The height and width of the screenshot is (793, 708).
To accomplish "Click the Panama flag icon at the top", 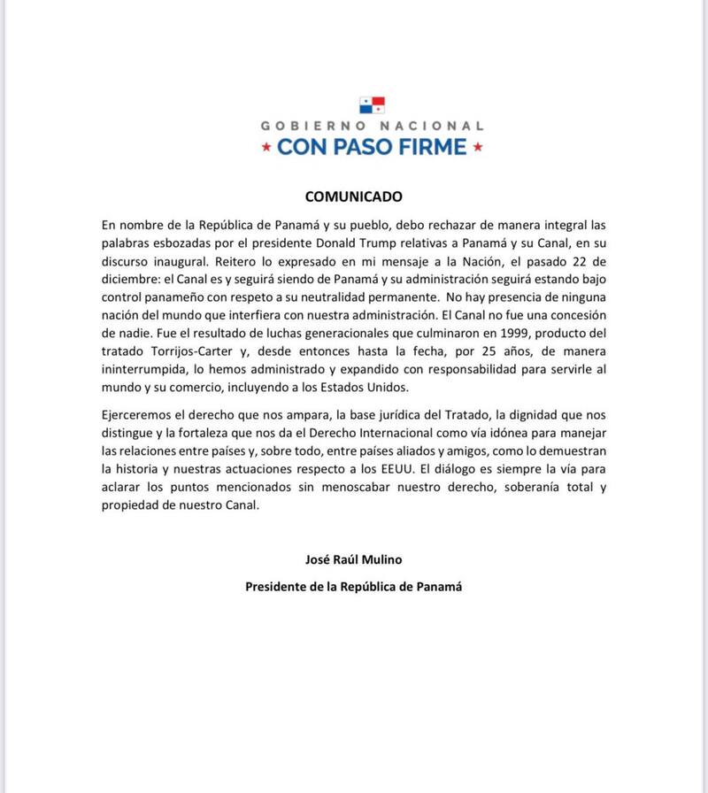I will pos(373,106).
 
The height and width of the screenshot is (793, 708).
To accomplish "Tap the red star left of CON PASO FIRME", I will pos(265,147).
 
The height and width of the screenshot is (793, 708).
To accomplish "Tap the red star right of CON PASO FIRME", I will pos(479,147).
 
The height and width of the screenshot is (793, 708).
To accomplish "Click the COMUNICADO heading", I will pos(354,196).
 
